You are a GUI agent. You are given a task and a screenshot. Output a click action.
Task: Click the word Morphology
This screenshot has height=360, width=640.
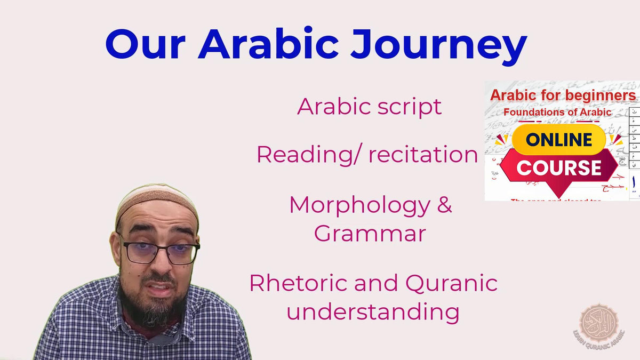click(x=358, y=206)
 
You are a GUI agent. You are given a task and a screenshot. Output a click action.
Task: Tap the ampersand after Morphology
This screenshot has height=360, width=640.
click(x=444, y=206)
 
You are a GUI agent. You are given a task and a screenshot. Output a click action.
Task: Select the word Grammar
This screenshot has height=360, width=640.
click(x=370, y=234)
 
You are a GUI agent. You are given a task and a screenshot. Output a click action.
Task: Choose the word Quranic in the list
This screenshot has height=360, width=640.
click(x=451, y=283)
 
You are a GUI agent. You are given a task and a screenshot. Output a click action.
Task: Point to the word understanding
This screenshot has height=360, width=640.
click(x=373, y=311)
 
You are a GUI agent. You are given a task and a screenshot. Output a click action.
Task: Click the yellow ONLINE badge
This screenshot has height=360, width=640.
click(x=558, y=140)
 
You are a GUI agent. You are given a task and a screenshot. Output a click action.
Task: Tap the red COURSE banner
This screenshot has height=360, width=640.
click(x=558, y=168)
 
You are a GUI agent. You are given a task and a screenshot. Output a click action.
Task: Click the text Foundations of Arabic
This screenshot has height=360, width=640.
click(x=557, y=113)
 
